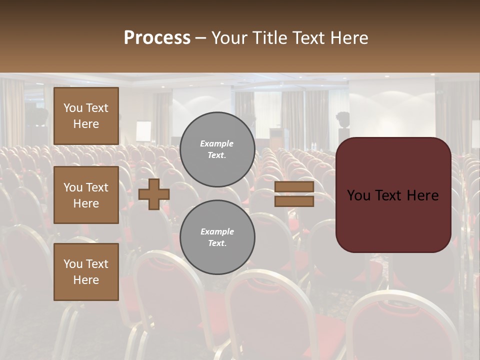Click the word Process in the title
pyautogui.click(x=157, y=38)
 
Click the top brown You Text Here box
pyautogui.click(x=86, y=116)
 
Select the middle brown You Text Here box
pyautogui.click(x=86, y=195)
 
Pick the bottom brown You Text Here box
pyautogui.click(x=86, y=272)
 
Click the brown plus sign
pyautogui.click(x=153, y=194)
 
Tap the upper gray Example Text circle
pyautogui.click(x=217, y=149)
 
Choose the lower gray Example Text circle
pyautogui.click(x=217, y=237)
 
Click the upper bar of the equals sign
pyautogui.click(x=294, y=187)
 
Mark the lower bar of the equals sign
pyautogui.click(x=294, y=201)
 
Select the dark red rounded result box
pyautogui.click(x=393, y=195)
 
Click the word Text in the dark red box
pyautogui.click(x=393, y=195)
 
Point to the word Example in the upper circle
pyautogui.click(x=217, y=143)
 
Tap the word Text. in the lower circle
pyautogui.click(x=217, y=243)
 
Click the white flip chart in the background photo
pyautogui.click(x=143, y=131)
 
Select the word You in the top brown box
pyautogui.click(x=73, y=108)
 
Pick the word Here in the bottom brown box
pyautogui.click(x=86, y=280)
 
